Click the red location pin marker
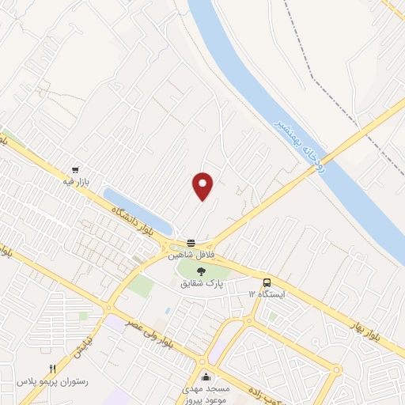click(203, 185)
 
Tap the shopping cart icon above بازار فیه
click(75, 169)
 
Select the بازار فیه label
click(76, 182)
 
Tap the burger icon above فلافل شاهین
click(191, 243)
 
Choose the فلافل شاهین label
click(191, 255)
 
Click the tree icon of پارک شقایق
click(202, 271)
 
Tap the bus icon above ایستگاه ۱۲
click(267, 282)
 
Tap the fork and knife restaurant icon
click(52, 368)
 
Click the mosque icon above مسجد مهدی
click(206, 376)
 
